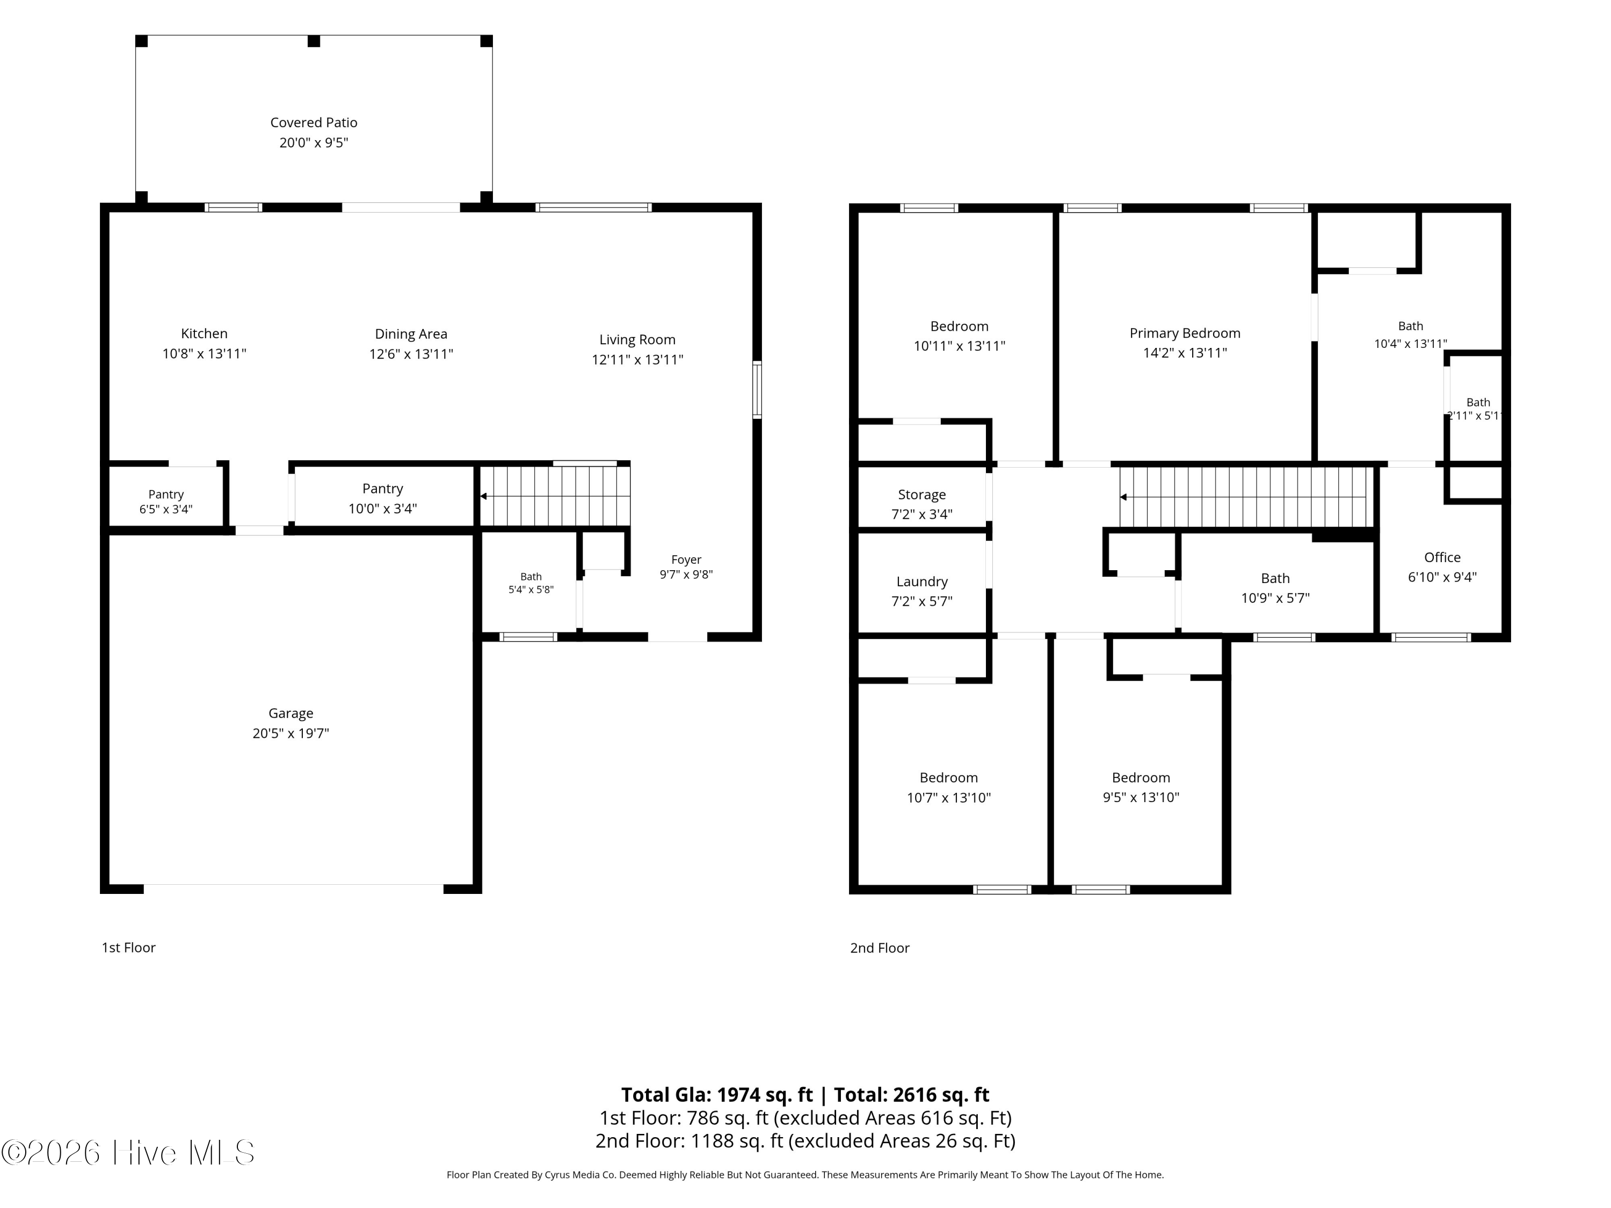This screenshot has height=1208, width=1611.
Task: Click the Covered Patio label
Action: [x=314, y=122]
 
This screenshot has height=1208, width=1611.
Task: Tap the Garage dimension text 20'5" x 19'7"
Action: [x=291, y=733]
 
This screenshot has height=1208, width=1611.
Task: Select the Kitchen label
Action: [x=204, y=333]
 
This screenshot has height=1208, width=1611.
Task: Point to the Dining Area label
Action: [x=411, y=334]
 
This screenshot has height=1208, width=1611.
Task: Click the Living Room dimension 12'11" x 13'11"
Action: [x=637, y=359]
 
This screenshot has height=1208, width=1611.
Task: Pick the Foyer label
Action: [x=686, y=559]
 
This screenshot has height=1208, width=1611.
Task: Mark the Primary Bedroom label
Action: [x=1185, y=333]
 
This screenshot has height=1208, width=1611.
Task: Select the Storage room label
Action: [x=921, y=494]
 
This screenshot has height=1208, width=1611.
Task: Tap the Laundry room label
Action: [x=922, y=581]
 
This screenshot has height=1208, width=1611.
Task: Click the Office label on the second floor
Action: [x=1442, y=557]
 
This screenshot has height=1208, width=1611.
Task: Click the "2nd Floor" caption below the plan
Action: [x=880, y=947]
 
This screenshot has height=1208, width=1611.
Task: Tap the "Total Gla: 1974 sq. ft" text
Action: [x=717, y=1094]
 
